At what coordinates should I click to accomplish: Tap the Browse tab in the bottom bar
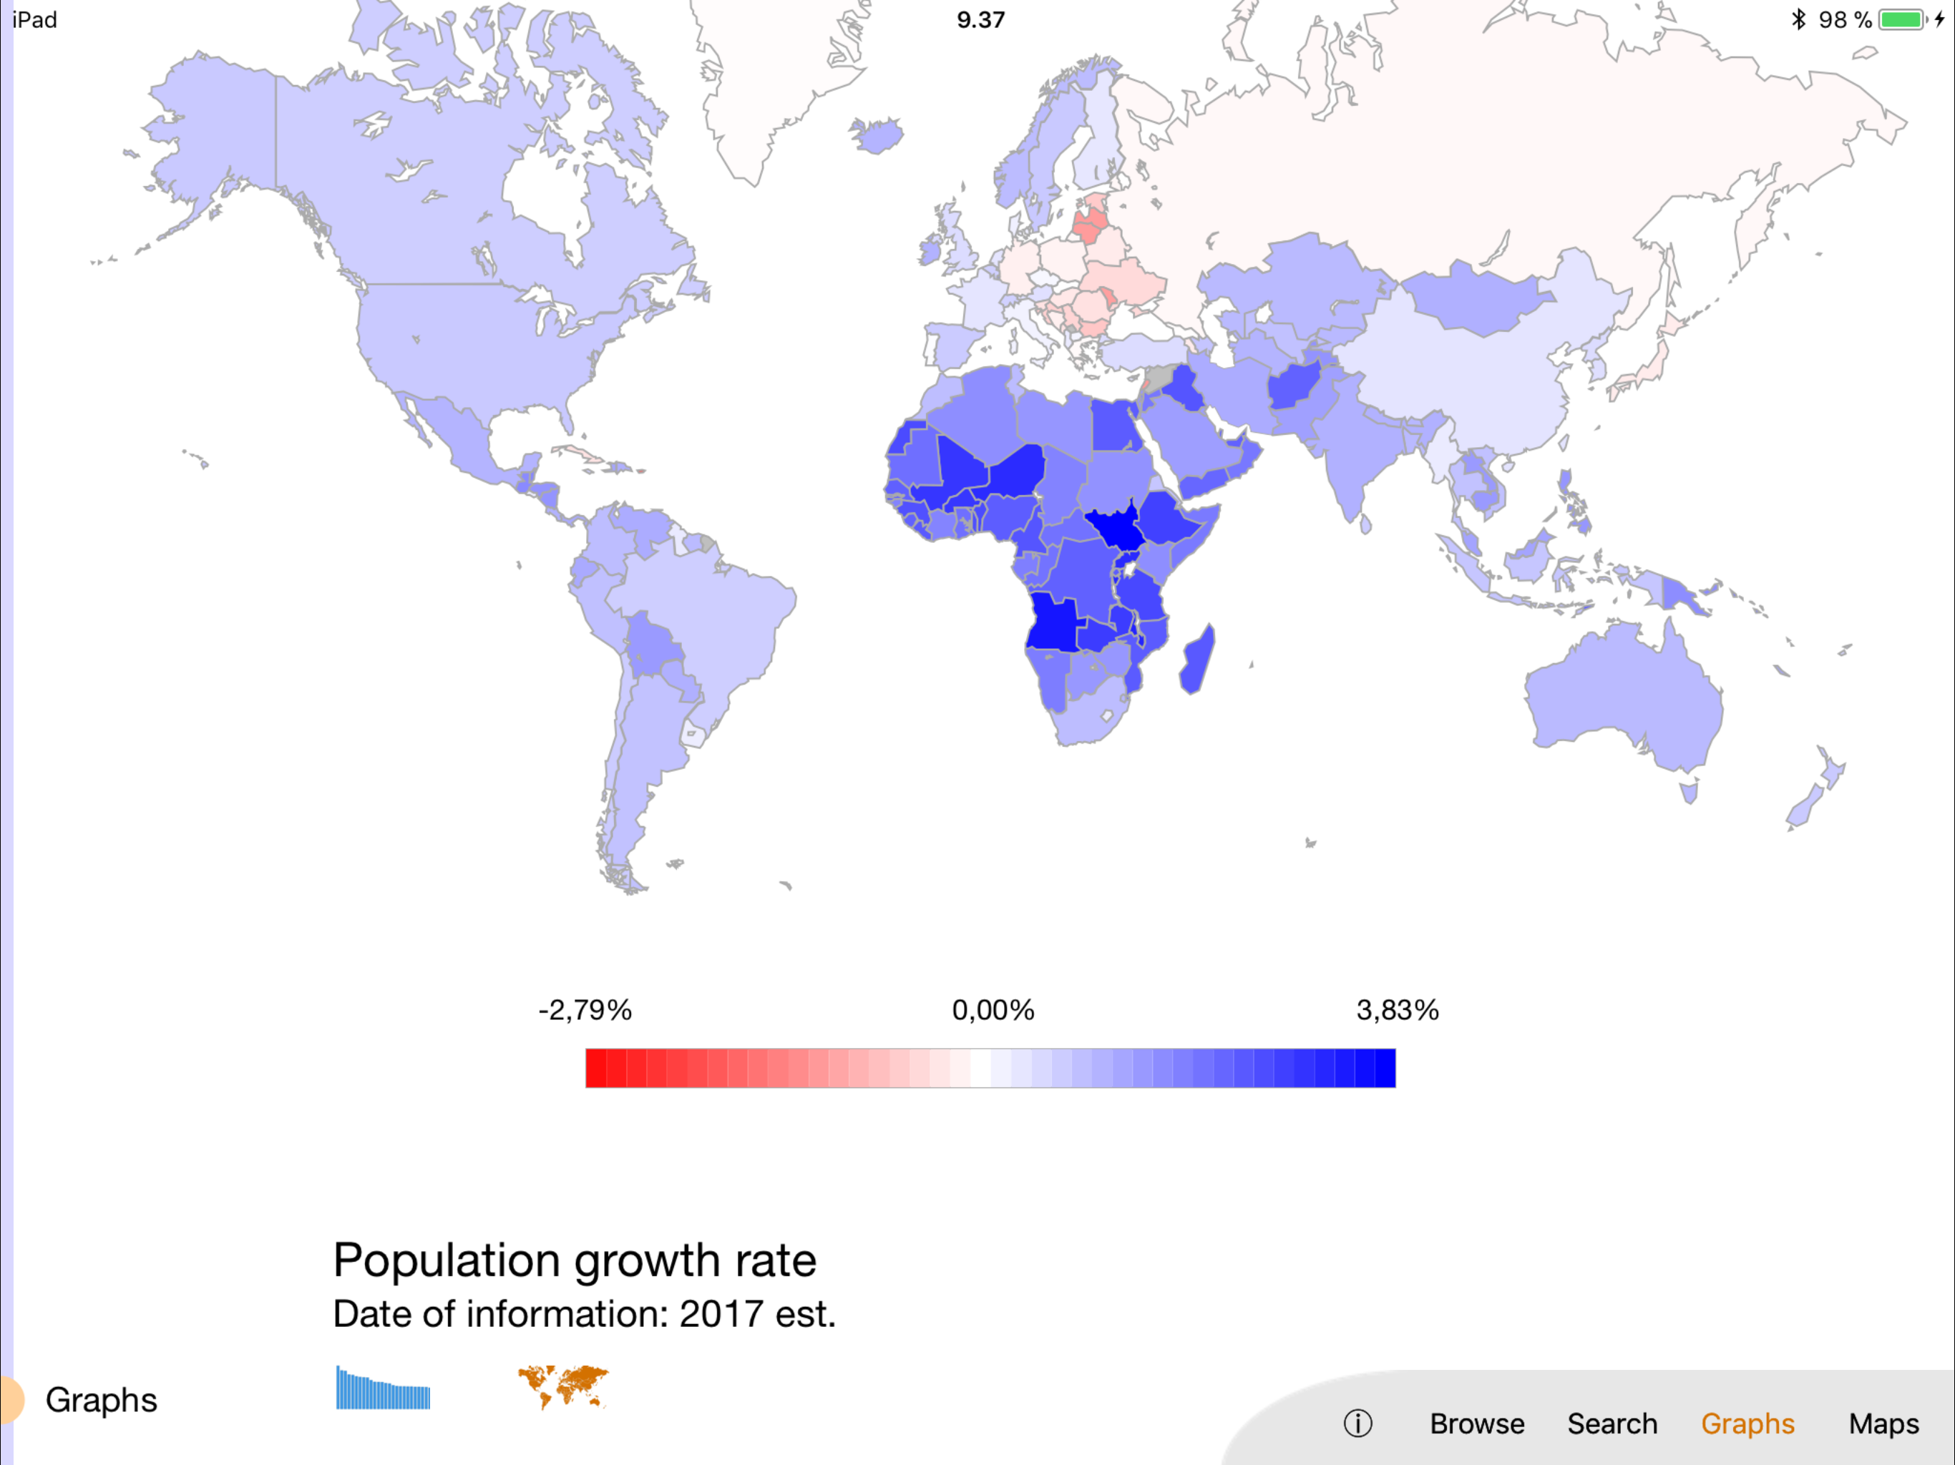(1477, 1424)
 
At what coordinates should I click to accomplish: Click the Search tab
(1612, 1424)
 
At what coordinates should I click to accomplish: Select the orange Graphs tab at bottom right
(1747, 1424)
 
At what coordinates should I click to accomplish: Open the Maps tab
(1883, 1424)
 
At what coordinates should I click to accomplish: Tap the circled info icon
(1357, 1424)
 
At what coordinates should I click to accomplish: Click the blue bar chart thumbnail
(383, 1388)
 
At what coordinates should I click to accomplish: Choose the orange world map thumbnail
(563, 1386)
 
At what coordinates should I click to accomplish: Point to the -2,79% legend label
(585, 1010)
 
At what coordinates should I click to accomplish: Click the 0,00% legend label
(993, 1010)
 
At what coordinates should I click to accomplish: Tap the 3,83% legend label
(1398, 1010)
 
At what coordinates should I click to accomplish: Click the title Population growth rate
(575, 1260)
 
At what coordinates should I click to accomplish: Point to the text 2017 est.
(756, 1314)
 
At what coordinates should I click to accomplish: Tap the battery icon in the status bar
(1901, 19)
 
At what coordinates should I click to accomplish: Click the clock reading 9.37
(980, 19)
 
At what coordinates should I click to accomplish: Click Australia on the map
(1622, 698)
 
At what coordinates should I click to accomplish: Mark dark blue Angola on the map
(1052, 624)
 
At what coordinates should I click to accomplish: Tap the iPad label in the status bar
(35, 19)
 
